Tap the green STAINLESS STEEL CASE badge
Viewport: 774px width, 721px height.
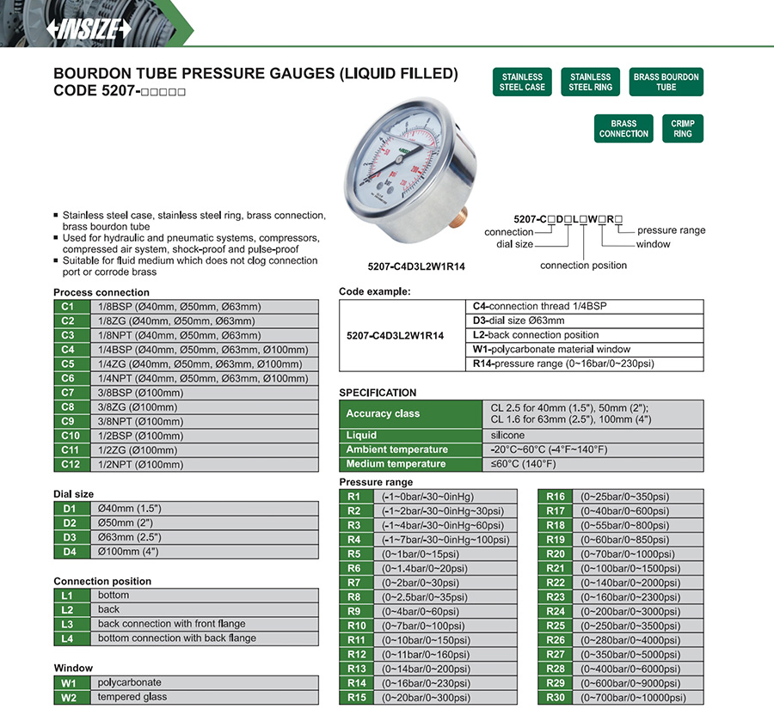(x=523, y=82)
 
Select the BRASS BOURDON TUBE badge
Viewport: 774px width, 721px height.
(x=666, y=82)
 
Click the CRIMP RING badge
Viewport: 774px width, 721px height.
(x=683, y=128)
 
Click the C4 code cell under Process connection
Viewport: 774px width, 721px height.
(x=69, y=350)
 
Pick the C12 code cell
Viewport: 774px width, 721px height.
(x=69, y=464)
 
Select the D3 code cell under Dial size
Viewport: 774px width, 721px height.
(x=69, y=537)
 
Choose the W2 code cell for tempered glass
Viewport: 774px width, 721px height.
(x=69, y=697)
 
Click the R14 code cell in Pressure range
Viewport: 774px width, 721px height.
(x=355, y=682)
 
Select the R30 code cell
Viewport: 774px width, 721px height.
(x=556, y=697)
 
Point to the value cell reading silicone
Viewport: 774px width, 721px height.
(x=507, y=436)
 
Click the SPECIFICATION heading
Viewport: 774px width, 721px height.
(x=378, y=393)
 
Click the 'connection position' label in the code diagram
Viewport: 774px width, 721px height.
(x=583, y=266)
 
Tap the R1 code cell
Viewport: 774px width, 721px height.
(x=355, y=496)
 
